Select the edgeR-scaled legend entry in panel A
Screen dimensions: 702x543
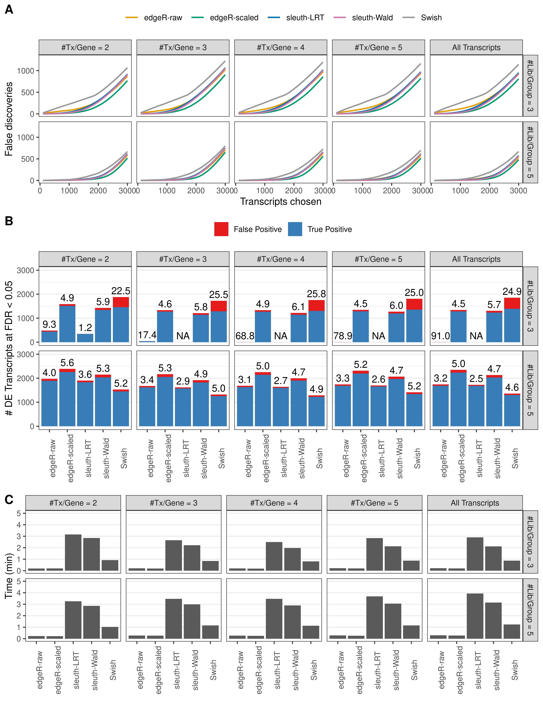click(x=234, y=18)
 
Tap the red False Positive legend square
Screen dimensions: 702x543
click(x=221, y=229)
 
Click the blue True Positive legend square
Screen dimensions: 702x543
click(x=295, y=229)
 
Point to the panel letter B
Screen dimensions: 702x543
click(x=9, y=221)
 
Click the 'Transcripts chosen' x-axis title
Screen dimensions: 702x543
click(x=281, y=202)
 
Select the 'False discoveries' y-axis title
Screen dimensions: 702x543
click(x=9, y=119)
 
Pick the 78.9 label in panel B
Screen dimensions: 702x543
click(x=343, y=336)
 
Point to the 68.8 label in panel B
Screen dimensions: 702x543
click(x=245, y=336)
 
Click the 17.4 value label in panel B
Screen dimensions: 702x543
click(x=147, y=335)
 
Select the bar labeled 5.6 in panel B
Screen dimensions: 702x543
click(x=67, y=399)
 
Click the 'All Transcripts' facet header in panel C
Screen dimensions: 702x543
click(x=475, y=503)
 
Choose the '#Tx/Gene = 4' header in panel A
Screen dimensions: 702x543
click(x=281, y=48)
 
